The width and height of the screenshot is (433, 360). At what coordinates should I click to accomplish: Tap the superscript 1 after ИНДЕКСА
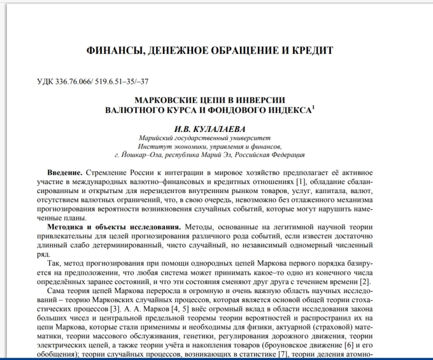tap(314, 107)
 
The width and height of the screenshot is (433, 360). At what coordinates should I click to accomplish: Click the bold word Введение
tap(65, 173)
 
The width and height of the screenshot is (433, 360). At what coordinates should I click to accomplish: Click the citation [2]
tap(366, 282)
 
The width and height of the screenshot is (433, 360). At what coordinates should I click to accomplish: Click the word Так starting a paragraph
tap(54, 264)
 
